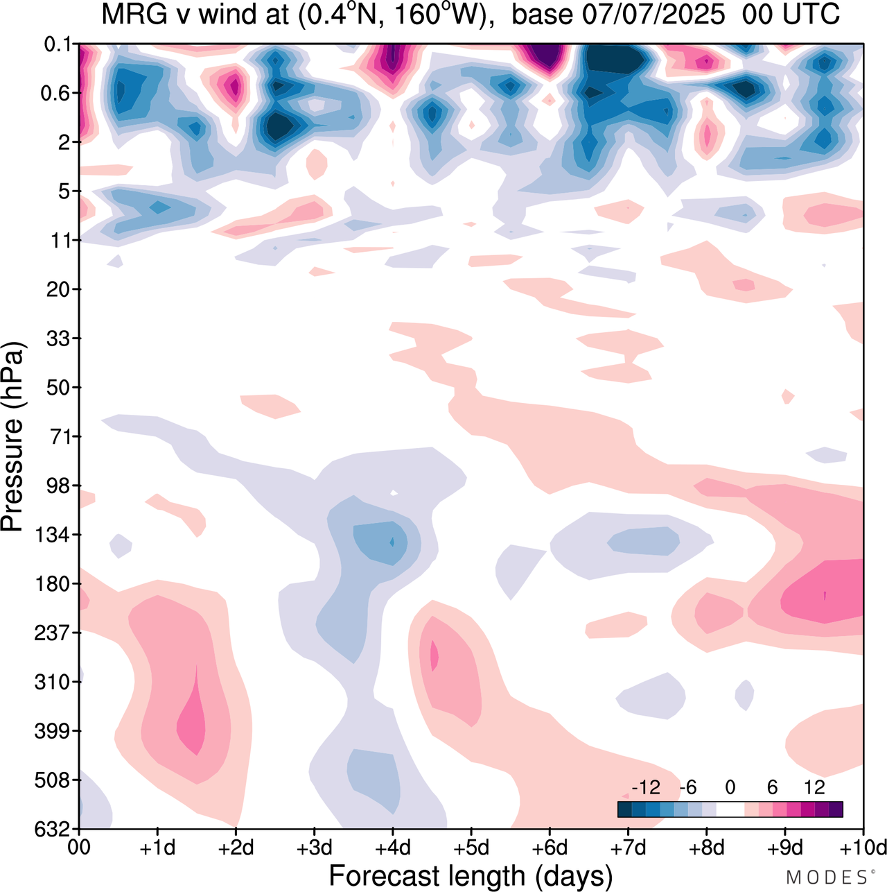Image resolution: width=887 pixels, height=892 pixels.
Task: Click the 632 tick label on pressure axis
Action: tap(55, 829)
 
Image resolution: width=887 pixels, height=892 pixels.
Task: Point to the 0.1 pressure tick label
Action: tap(58, 45)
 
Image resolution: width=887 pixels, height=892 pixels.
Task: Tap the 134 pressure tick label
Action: tap(55, 535)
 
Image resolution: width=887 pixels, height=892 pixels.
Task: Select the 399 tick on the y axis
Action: tap(55, 731)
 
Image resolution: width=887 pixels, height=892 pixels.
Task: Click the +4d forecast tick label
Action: tap(393, 848)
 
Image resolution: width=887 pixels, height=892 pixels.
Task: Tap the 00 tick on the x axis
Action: tap(79, 848)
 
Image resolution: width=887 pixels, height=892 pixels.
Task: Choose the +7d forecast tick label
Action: tap(628, 848)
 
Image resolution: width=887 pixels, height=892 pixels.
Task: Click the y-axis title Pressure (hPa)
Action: tap(12, 437)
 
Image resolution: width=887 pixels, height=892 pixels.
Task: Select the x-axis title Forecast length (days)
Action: tap(471, 875)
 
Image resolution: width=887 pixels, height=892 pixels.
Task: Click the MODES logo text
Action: tap(827, 877)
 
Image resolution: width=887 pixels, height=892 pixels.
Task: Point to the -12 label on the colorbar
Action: tap(645, 787)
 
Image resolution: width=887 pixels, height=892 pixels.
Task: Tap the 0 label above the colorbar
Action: tap(730, 787)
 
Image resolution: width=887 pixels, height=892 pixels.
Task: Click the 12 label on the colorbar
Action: tap(814, 787)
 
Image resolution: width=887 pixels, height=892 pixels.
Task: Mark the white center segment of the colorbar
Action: tap(730, 809)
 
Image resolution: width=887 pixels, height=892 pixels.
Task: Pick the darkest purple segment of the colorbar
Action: tap(836, 809)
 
